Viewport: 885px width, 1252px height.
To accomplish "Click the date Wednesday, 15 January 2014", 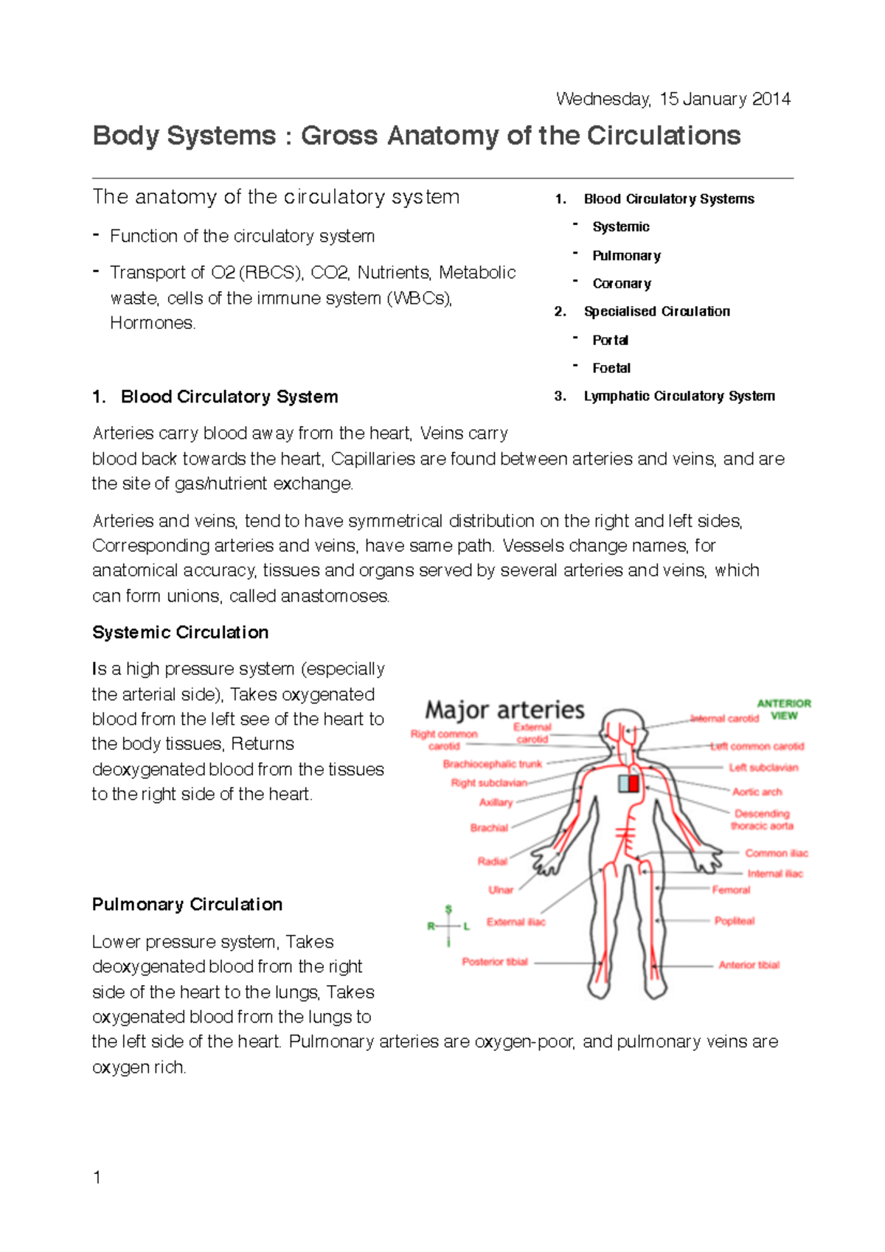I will [673, 99].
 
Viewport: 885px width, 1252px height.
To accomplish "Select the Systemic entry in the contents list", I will [620, 227].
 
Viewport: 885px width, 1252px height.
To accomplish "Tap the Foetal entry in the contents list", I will [611, 368].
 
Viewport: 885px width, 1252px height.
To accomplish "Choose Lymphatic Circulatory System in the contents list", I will [678, 396].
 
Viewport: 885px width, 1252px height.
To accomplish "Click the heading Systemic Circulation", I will [180, 633].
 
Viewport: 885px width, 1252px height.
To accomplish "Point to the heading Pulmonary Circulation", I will [187, 905].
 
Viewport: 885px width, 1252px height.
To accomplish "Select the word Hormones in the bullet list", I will [152, 323].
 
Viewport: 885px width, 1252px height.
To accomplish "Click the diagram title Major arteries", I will [504, 710].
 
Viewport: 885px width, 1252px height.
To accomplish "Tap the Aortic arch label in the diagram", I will [757, 792].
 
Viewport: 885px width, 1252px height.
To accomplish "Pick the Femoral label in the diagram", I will [731, 890].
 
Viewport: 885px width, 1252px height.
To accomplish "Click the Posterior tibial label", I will [495, 961].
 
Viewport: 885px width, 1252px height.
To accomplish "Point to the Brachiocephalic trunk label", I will [492, 764].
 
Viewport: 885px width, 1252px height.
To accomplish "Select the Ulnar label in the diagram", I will [501, 890].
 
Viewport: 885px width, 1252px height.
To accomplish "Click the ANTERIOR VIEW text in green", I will [783, 709].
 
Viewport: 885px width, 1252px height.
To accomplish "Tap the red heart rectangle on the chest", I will [634, 782].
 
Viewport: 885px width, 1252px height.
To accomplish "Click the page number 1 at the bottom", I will [97, 1178].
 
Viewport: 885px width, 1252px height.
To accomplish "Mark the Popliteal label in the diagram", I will [734, 921].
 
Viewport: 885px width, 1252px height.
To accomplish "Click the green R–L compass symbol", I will [448, 926].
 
